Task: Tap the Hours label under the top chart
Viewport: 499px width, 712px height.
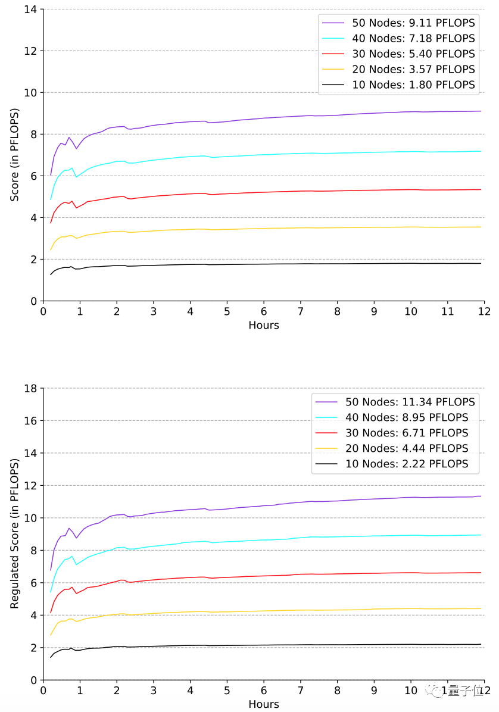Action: point(263,325)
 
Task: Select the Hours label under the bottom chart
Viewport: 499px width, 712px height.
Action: point(263,704)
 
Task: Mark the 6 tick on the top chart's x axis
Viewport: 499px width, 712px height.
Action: point(263,311)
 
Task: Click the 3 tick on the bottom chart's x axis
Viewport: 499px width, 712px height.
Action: point(153,691)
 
